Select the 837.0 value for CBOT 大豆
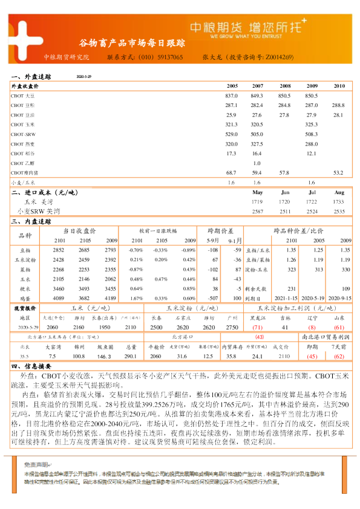[232, 96]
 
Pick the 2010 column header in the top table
[339, 86]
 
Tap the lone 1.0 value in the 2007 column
[257, 163]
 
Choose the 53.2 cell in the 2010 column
[339, 173]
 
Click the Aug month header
[339, 192]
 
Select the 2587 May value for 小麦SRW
[257, 212]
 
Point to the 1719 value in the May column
[257, 201]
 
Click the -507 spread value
[212, 298]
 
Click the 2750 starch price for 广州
[232, 326]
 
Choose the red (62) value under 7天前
[339, 357]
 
